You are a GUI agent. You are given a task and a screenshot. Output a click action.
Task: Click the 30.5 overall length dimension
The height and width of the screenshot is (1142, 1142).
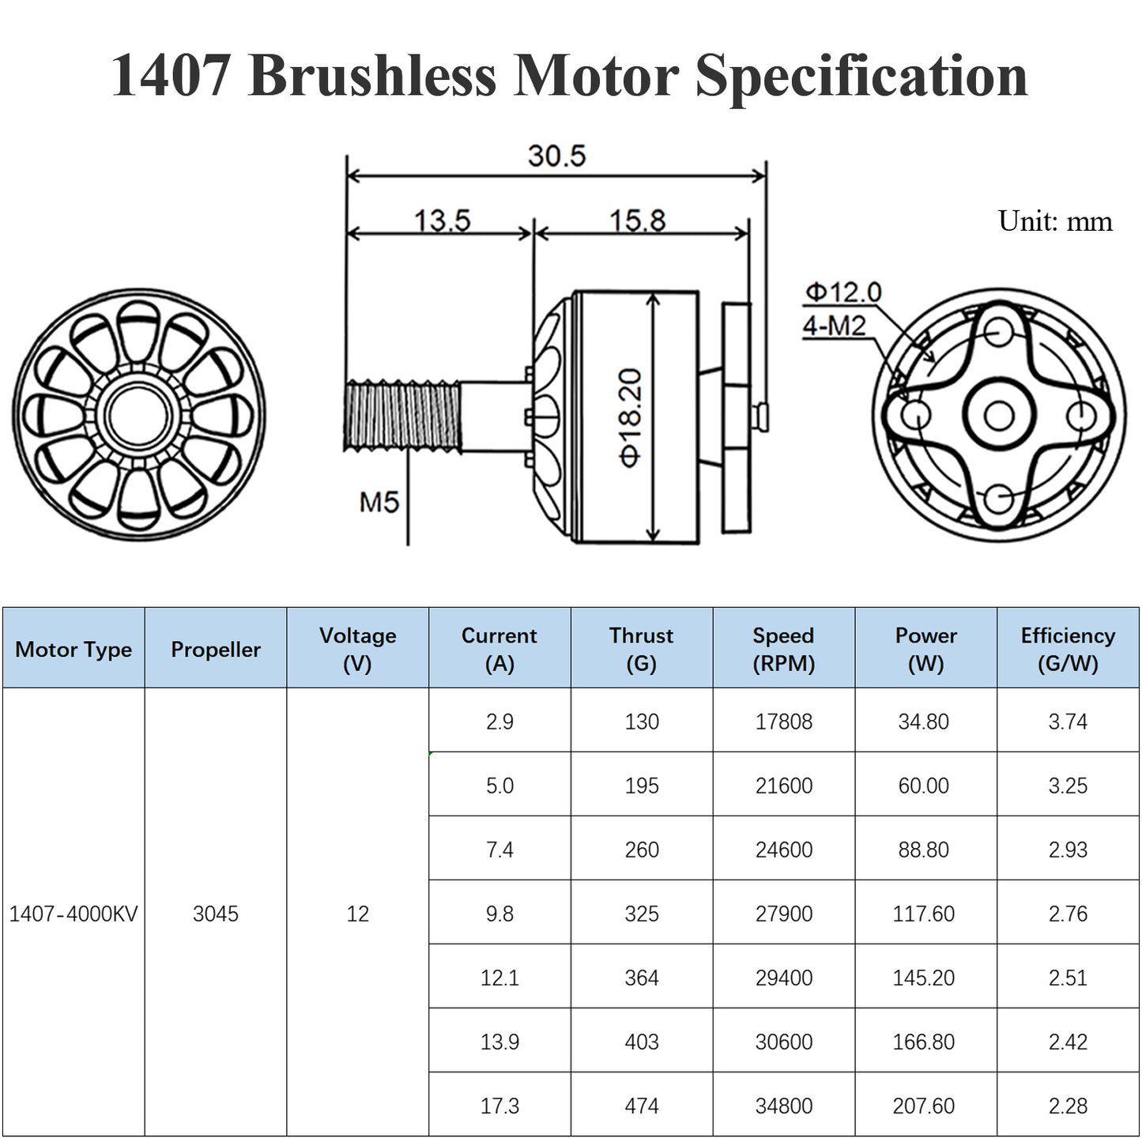(556, 156)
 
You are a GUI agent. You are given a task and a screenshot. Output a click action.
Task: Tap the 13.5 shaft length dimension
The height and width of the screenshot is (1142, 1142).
(442, 220)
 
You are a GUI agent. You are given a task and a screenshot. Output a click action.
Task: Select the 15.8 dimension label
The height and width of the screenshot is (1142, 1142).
(637, 220)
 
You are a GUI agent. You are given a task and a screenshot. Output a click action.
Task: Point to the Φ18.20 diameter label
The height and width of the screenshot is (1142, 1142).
(631, 417)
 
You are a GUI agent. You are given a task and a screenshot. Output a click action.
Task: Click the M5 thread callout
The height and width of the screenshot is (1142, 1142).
(379, 502)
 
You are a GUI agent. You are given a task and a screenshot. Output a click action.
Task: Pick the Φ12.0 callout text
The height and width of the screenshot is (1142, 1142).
(842, 292)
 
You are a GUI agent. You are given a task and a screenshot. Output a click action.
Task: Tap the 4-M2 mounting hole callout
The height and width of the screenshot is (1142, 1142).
(835, 325)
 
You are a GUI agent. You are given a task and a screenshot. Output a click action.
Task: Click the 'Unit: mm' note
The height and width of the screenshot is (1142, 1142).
(1054, 220)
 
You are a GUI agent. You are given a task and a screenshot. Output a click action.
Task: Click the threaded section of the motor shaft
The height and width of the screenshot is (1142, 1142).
(402, 416)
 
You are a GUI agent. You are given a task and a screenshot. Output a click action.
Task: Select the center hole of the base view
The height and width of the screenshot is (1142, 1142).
(999, 416)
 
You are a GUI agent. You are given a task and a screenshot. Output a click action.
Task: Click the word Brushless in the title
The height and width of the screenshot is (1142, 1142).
(372, 76)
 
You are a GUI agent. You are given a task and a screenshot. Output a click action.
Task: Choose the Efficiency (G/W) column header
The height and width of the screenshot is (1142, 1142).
(1068, 649)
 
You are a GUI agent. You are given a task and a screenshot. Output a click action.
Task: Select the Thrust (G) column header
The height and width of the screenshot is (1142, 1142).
(641, 649)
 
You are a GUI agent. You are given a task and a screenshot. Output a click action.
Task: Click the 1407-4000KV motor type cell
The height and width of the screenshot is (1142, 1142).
(73, 914)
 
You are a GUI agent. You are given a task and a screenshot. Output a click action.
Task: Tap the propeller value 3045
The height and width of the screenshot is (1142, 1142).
(216, 914)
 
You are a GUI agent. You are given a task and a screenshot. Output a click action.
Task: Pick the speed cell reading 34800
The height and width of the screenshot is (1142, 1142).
(783, 1106)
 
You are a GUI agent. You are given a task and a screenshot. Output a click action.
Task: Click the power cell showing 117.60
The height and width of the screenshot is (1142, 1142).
(923, 914)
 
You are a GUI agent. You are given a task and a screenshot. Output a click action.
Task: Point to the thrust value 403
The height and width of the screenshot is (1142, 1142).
(641, 1042)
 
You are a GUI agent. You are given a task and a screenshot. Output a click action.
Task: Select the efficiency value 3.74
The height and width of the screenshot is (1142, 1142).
(1068, 722)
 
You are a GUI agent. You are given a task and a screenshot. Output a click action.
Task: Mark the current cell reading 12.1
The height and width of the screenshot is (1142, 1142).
(499, 978)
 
